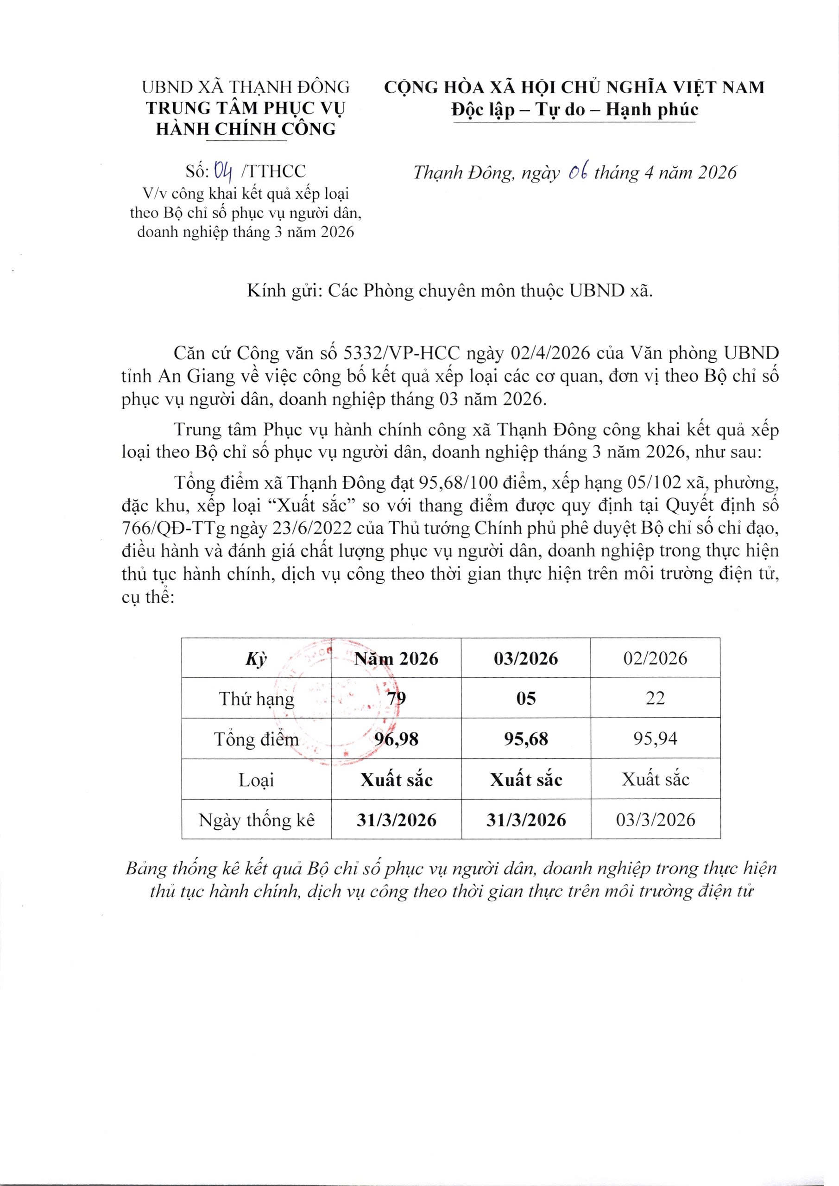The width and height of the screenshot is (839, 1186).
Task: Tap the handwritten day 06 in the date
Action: pos(577,172)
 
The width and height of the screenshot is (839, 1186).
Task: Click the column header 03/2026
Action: pos(526,659)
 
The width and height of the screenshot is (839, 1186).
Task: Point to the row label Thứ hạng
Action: pos(257,699)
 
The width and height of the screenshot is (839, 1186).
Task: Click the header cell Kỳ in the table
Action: pos(257,659)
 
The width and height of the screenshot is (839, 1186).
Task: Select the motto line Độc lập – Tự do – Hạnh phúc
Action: pos(574,110)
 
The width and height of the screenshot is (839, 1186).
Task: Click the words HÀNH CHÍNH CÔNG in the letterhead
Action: pos(246,128)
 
